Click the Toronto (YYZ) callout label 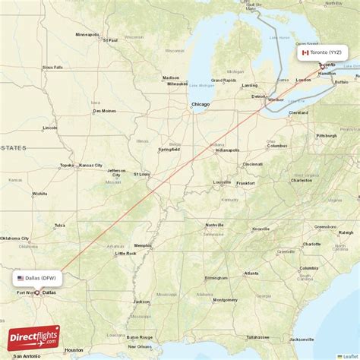(x=325, y=52)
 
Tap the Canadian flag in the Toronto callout (x=305, y=52)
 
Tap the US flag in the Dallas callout (x=21, y=278)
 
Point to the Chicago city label (x=201, y=104)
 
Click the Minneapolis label (x=87, y=34)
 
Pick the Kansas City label (x=90, y=165)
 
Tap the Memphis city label (x=142, y=245)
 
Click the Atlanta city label (x=251, y=273)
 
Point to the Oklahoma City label (x=15, y=238)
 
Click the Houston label (x=74, y=350)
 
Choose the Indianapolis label (x=227, y=150)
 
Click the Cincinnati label (x=252, y=164)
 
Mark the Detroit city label (x=259, y=96)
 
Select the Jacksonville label (x=302, y=339)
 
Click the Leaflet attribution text (x=349, y=355)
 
